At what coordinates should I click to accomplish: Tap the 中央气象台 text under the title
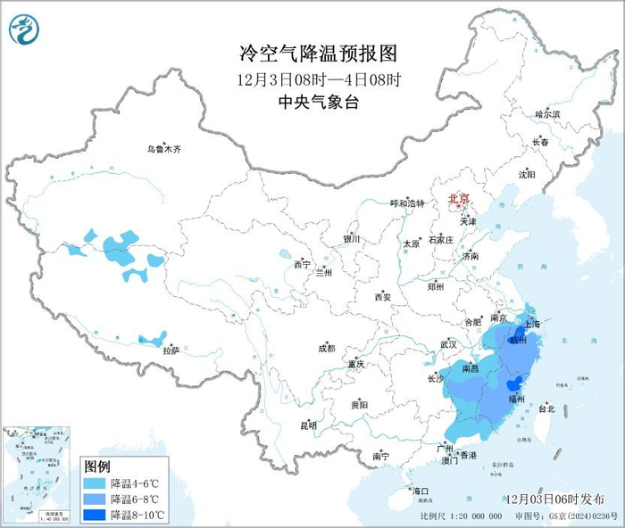pos(312,103)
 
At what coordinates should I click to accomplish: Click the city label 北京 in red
pos(458,198)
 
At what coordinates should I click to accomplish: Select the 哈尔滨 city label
pos(546,114)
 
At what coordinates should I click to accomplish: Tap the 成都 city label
pos(325,348)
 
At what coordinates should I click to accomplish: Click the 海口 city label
pos(420,491)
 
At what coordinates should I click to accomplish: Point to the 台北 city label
pos(546,408)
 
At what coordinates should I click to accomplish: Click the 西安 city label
pos(383,296)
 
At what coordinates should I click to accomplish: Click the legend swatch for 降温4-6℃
pos(95,483)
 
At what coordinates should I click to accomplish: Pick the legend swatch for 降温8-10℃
pos(95,515)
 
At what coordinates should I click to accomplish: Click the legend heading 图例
pos(96,466)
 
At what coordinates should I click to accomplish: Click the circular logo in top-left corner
pos(24,30)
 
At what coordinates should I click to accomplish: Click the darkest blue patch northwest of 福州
pos(513,384)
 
